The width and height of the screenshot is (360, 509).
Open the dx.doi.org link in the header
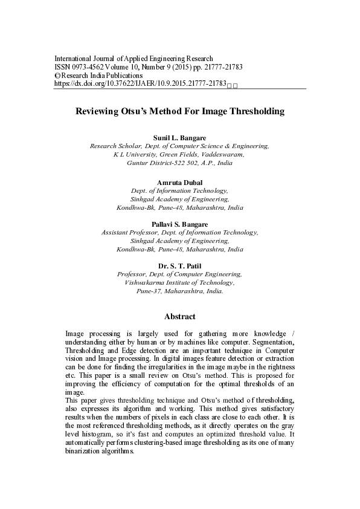(140, 84)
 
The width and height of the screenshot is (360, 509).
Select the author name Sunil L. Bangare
(179, 138)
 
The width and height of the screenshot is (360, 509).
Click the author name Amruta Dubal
(179, 183)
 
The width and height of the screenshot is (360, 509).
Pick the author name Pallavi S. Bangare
(179, 224)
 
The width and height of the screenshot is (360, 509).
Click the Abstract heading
(179, 316)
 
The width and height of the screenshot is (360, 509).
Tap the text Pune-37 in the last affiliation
(149, 291)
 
